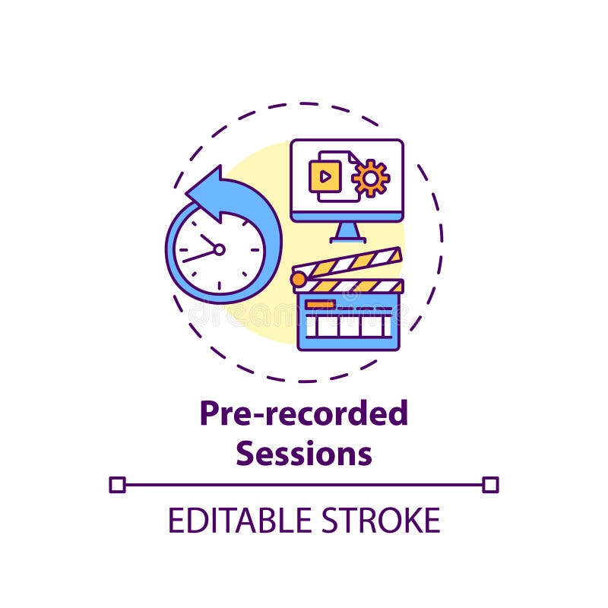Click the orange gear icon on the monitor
[371, 178]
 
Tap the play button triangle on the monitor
[325, 177]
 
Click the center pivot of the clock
[219, 249]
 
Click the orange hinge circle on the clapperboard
[299, 279]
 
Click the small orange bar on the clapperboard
[320, 304]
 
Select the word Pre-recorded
[303, 414]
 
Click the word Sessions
[303, 453]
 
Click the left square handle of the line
[117, 484]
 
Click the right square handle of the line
[490, 484]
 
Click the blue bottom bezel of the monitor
[347, 217]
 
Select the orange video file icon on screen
[324, 177]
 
